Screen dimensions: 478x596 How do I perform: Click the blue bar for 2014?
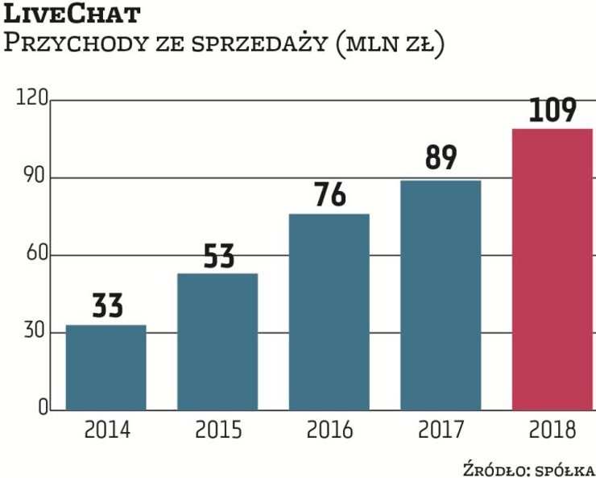[106, 368]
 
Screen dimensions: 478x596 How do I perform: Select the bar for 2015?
[217, 342]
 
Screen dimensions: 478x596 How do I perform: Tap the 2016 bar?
[329, 312]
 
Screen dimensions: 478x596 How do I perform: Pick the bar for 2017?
[441, 295]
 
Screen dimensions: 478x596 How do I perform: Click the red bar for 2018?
[553, 269]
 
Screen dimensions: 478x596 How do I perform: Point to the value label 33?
[106, 307]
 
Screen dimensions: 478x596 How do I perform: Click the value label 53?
[217, 256]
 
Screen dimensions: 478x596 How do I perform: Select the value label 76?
[329, 196]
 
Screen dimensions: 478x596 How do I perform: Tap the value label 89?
[441, 158]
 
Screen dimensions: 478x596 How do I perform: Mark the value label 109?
[553, 110]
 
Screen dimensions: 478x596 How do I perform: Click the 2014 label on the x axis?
[106, 430]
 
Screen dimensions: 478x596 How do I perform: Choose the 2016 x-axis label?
[329, 430]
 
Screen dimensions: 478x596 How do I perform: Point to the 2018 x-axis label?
[553, 430]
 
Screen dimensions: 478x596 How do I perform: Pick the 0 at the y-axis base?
[40, 410]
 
